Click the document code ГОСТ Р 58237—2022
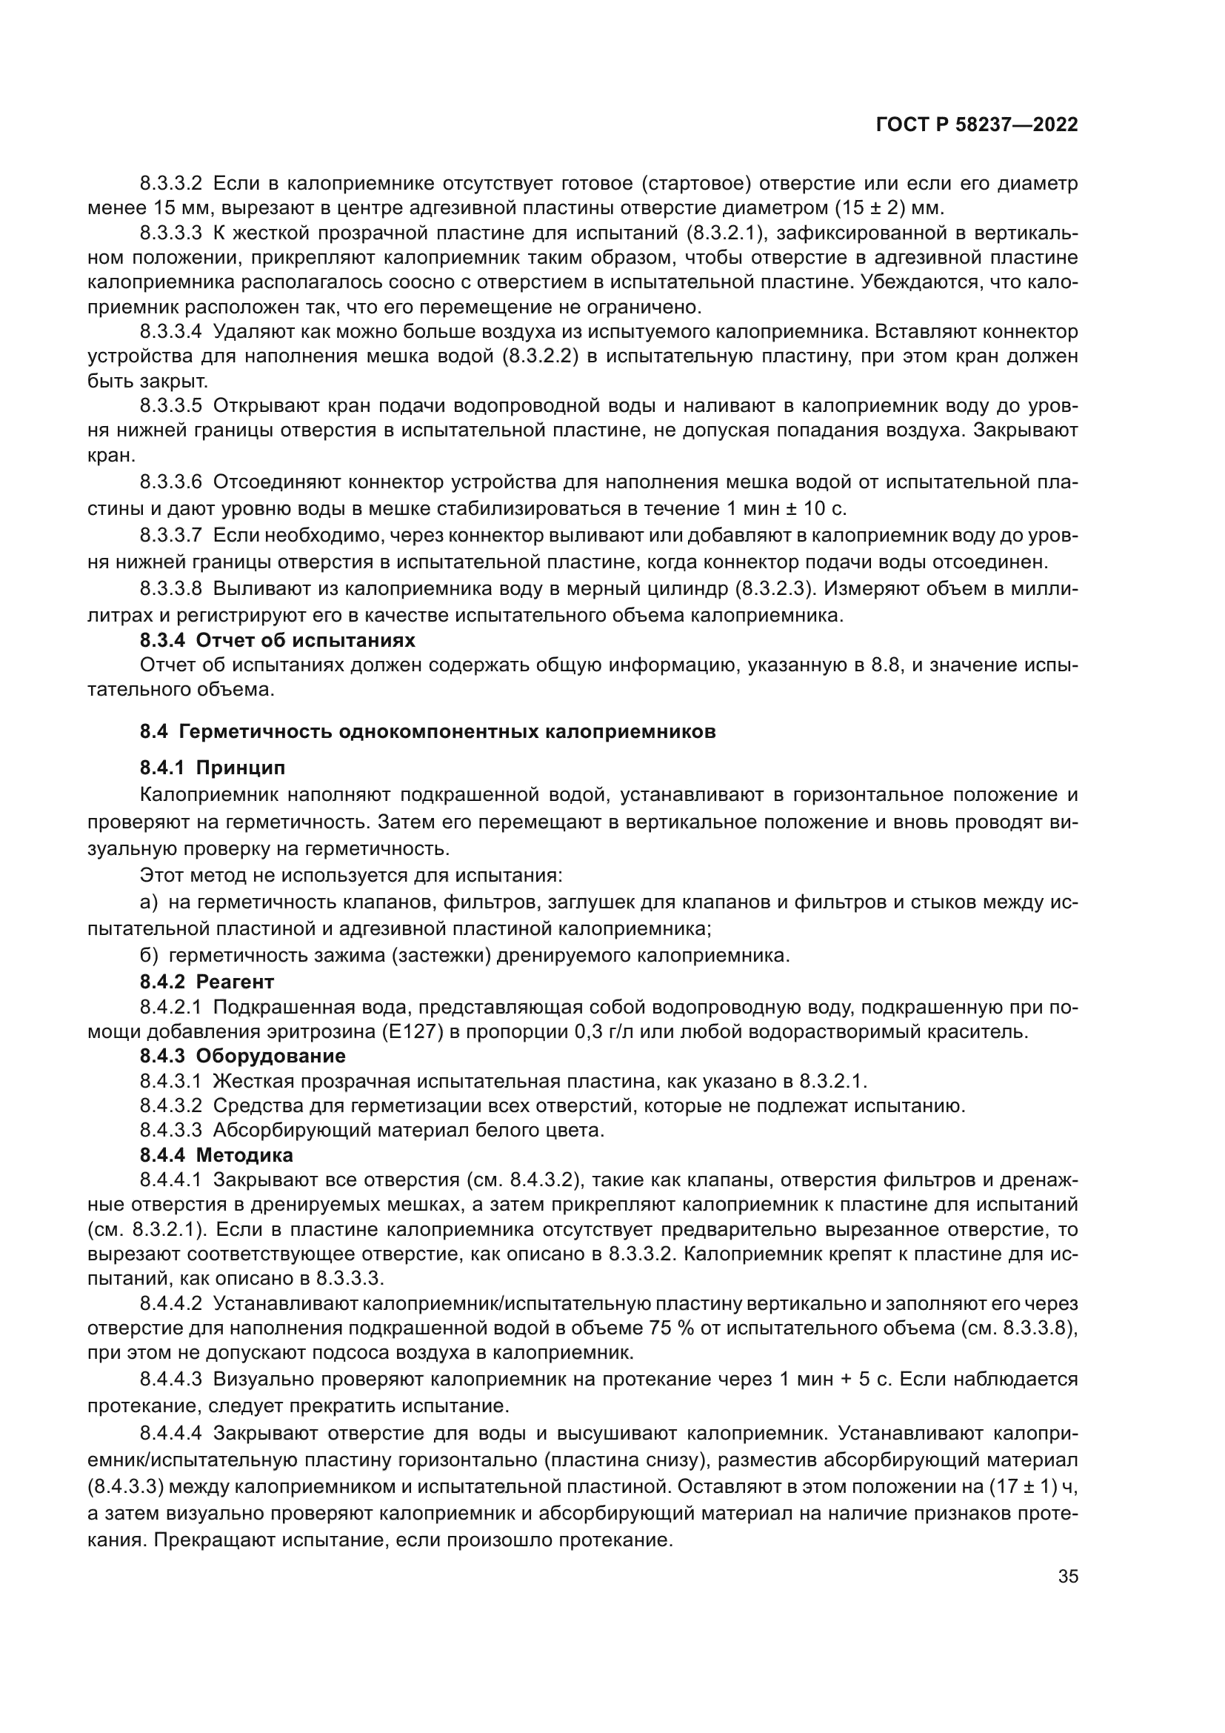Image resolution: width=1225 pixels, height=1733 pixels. tap(977, 125)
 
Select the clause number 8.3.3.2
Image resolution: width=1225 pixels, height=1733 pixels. tap(170, 184)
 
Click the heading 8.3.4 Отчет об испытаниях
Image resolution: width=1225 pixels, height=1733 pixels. tap(278, 641)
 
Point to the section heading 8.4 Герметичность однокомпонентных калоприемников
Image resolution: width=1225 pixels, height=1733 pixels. tap(427, 731)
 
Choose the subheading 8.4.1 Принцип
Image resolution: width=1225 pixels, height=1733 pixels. tap(213, 768)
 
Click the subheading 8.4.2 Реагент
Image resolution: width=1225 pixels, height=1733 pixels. tap(207, 981)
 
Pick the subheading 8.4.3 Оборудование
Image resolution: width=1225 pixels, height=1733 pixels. tap(243, 1055)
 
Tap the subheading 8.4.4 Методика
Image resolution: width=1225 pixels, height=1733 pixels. tap(216, 1155)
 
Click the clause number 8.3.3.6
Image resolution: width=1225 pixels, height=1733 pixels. tap(170, 482)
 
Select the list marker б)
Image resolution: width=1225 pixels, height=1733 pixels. tap(150, 956)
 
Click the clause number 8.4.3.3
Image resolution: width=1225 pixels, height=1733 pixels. tap(170, 1130)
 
